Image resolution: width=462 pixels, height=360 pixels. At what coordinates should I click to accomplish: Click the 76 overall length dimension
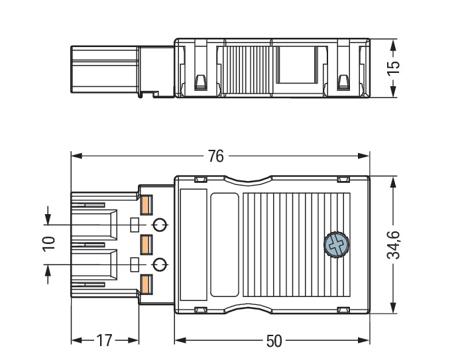[x=215, y=156]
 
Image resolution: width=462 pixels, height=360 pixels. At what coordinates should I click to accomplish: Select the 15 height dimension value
[x=393, y=67]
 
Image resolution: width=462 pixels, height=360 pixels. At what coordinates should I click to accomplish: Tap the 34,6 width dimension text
[x=393, y=245]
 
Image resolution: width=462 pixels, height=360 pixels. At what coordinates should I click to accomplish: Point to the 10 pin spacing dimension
[x=48, y=243]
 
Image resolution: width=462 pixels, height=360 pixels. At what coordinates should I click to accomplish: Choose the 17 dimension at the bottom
[x=104, y=341]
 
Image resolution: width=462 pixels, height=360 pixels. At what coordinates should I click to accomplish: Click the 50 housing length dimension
[x=274, y=341]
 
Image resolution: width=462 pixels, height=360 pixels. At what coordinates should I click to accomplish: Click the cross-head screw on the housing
[x=335, y=245]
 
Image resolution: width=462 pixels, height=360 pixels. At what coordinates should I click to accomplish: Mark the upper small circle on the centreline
[x=159, y=224]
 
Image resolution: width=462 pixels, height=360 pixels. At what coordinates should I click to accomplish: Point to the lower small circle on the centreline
[x=159, y=265]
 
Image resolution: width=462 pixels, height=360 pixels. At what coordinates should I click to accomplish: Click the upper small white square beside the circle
[x=135, y=224]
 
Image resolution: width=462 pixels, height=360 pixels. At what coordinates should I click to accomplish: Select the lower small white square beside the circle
[x=135, y=265]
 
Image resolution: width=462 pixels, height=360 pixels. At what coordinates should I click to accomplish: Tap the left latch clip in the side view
[x=200, y=82]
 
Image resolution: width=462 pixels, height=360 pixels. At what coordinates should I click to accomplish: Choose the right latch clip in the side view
[x=343, y=82]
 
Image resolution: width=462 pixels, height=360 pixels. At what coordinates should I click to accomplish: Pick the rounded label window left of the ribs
[x=224, y=245]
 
